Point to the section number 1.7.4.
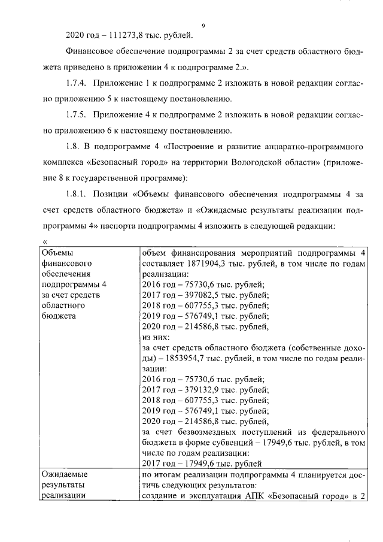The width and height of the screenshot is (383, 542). coord(76,82)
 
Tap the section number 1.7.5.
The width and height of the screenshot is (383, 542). coord(76,114)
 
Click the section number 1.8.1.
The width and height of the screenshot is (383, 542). coord(76,193)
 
